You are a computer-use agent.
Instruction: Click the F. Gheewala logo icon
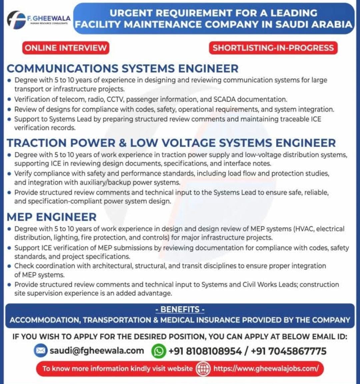16,20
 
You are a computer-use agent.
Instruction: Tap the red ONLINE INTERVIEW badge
66,48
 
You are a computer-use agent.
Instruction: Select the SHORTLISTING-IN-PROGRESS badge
273,48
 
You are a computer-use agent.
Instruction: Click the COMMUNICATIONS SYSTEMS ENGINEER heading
122,68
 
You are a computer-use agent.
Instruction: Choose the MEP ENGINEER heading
52,217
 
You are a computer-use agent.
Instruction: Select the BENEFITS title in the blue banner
180,309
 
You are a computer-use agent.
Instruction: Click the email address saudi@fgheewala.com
97,351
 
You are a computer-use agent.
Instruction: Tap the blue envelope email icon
40,351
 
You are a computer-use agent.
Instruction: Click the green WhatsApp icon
158,351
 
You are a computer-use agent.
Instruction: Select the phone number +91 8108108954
205,351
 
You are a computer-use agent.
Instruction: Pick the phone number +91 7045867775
289,351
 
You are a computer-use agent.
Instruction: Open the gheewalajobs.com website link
266,368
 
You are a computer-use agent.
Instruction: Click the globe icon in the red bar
203,369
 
